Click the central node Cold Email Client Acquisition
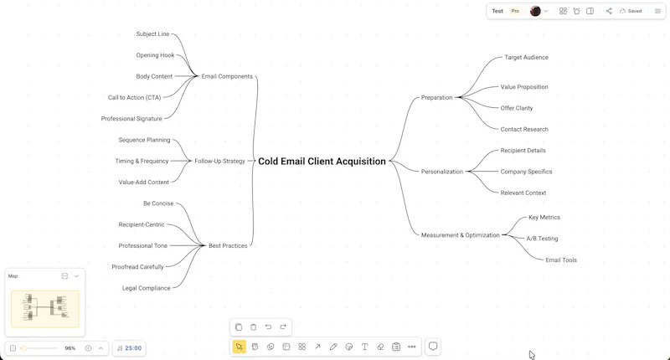point(322,161)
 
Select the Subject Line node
point(152,33)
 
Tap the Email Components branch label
point(227,76)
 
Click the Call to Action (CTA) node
point(134,97)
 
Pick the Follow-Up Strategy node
point(219,161)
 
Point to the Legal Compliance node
point(146,288)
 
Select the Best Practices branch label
point(228,245)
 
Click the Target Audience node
point(526,57)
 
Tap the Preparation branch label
point(436,97)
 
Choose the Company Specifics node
point(526,172)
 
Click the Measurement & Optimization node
point(460,235)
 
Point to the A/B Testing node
point(542,239)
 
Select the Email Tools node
point(561,260)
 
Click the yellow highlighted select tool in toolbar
point(239,347)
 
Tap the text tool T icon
point(364,347)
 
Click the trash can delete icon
point(254,327)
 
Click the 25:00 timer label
point(133,348)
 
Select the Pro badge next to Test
point(515,11)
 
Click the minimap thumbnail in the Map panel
point(45,309)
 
